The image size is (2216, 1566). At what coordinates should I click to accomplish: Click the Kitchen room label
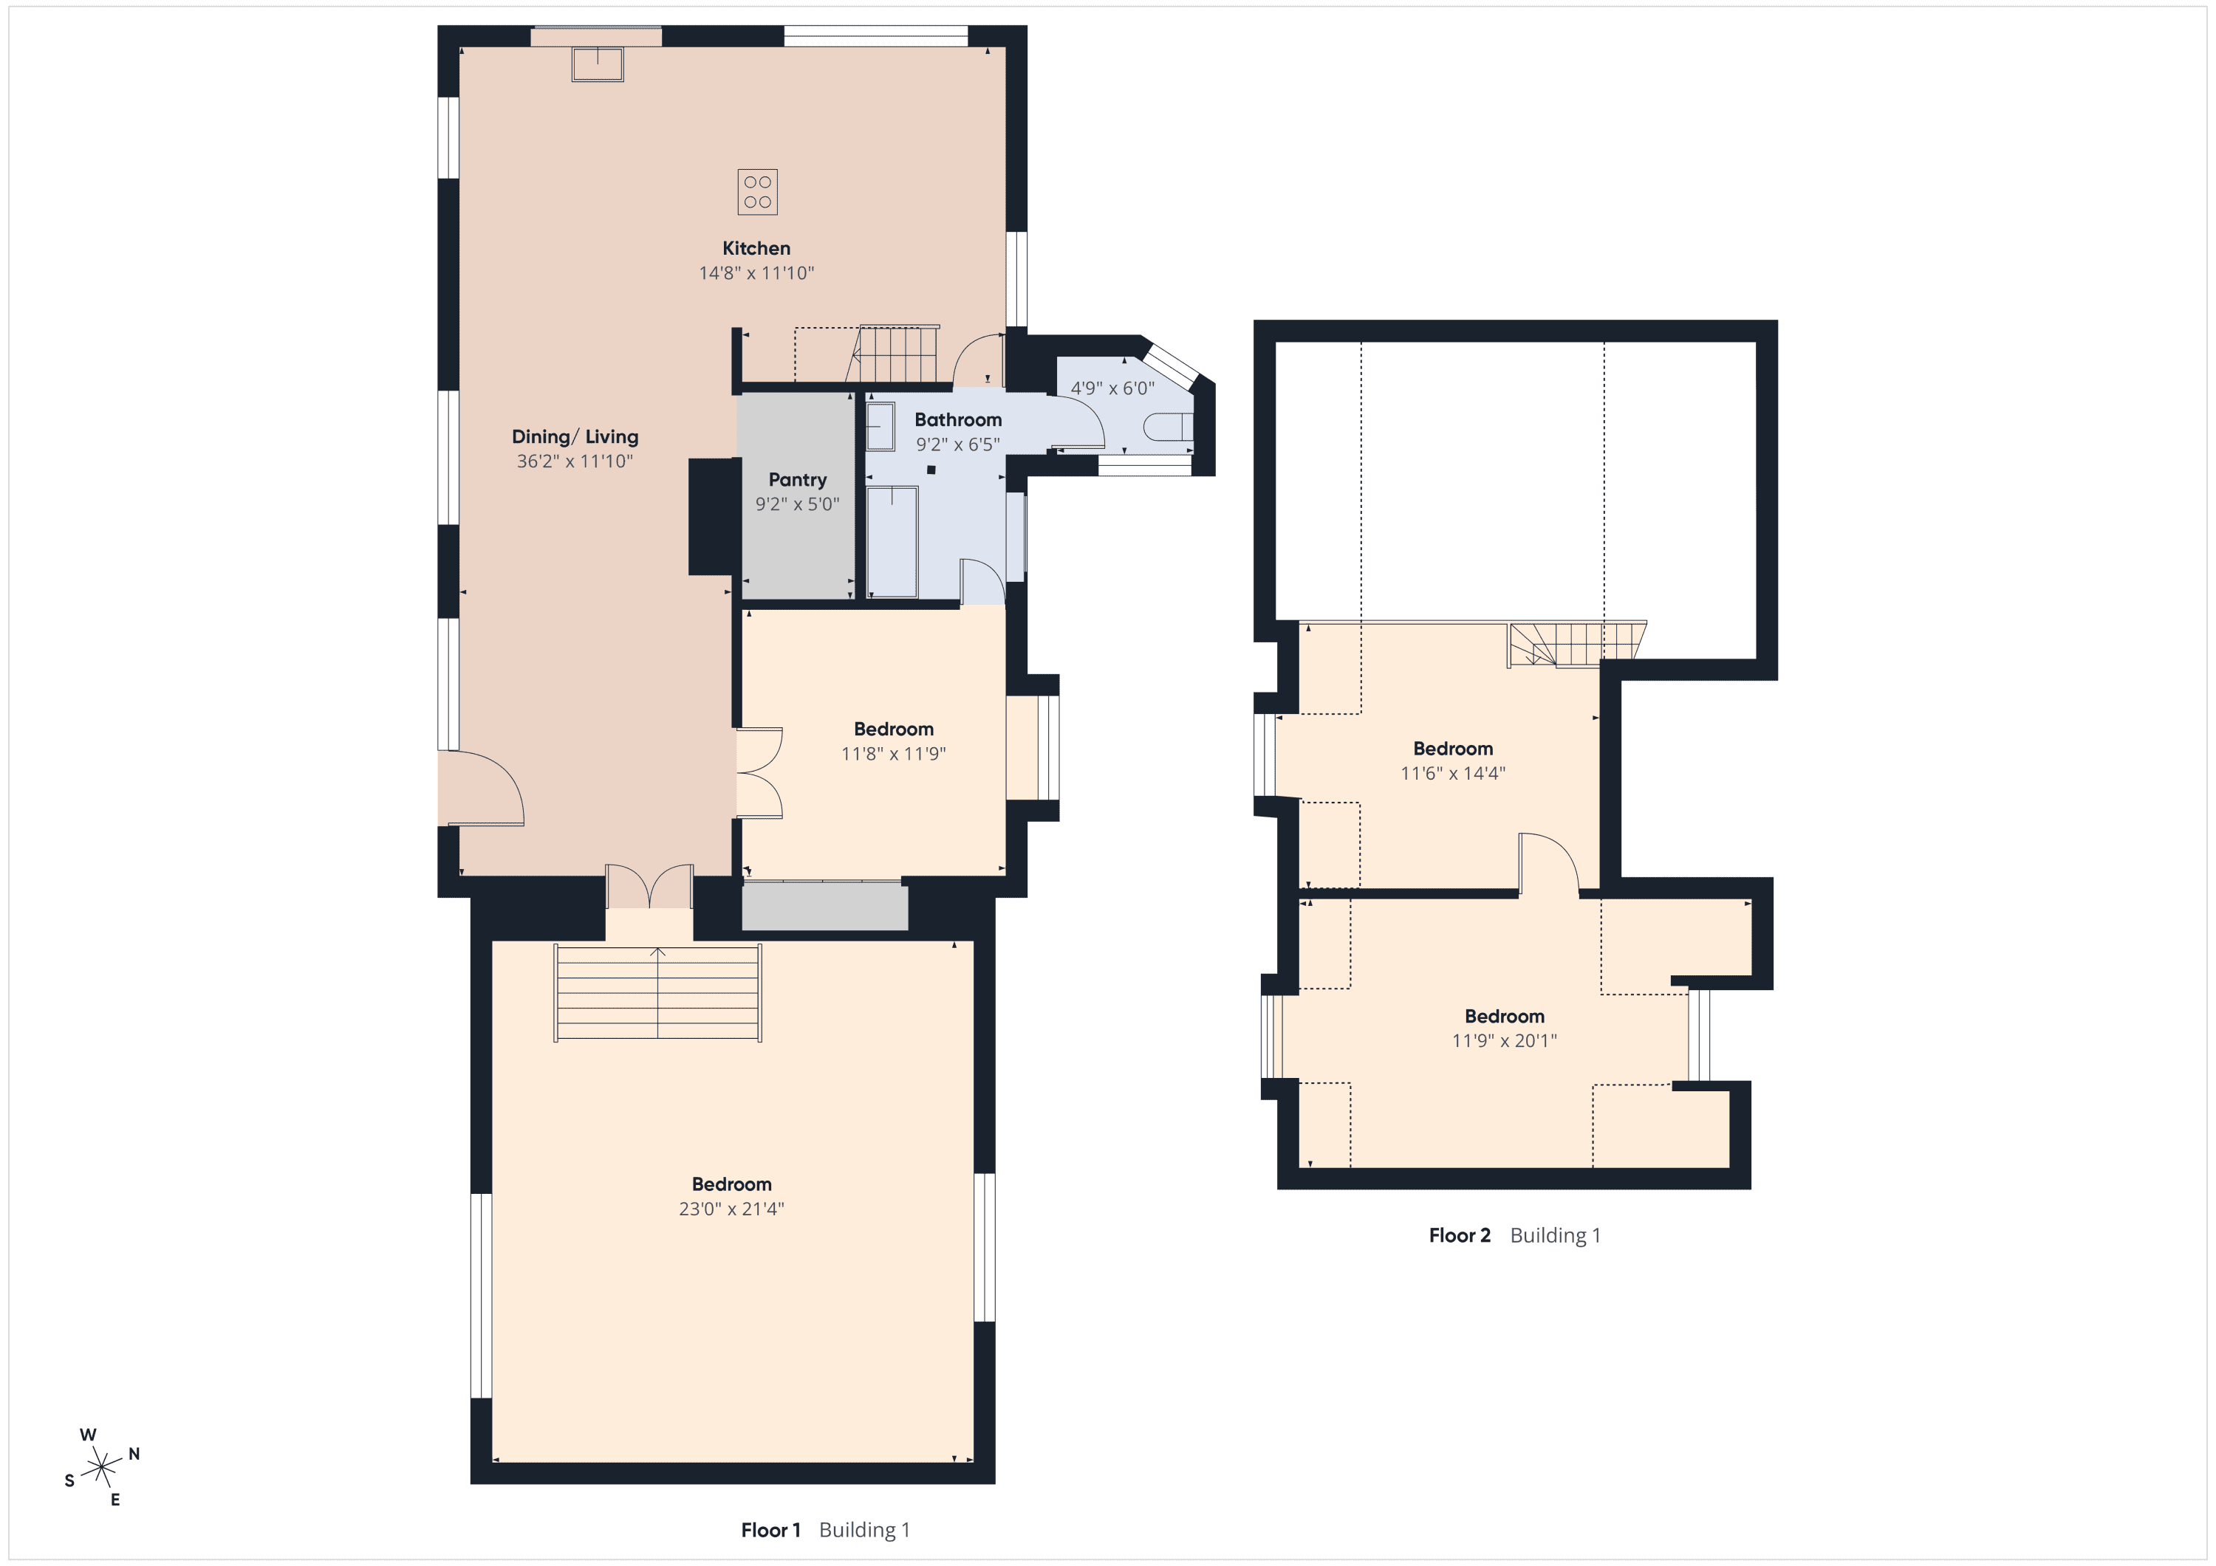pos(756,248)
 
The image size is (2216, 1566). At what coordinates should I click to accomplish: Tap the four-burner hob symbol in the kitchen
pos(758,192)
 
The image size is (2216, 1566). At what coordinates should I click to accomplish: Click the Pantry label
pos(797,479)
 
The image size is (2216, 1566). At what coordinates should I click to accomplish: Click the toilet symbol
pos(1169,427)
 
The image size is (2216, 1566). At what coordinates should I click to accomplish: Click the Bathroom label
pos(957,419)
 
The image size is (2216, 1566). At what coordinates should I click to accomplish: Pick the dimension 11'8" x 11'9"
pos(893,754)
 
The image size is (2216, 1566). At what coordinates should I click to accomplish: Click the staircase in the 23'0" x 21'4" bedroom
pos(657,993)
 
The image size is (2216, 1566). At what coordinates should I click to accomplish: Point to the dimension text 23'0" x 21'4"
pos(731,1209)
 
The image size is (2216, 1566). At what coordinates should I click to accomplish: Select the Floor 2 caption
pos(1460,1235)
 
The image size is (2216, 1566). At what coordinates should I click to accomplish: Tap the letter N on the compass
pos(134,1454)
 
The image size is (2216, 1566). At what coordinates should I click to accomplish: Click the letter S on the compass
pos(69,1481)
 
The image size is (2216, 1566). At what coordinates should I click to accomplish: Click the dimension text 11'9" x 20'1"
pos(1504,1040)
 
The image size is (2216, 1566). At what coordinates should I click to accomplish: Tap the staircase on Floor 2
pos(1577,644)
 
